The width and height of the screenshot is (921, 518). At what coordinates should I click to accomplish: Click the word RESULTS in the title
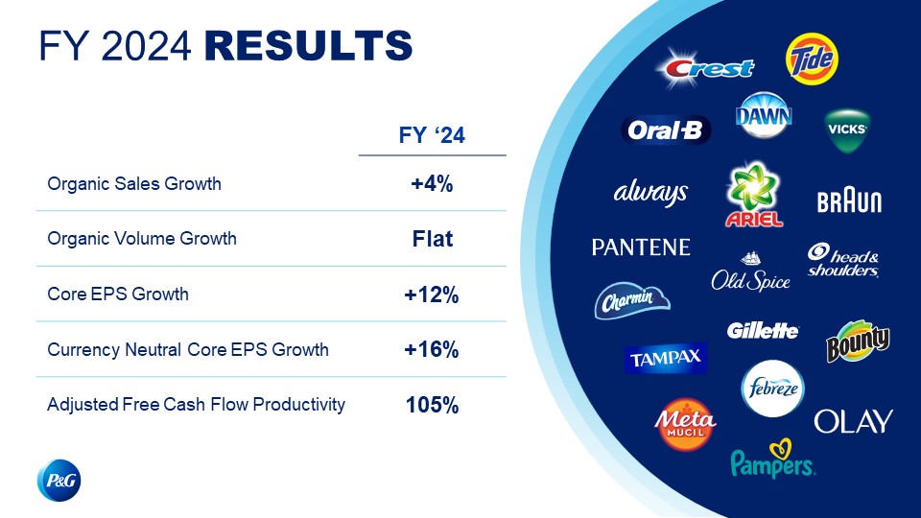click(308, 46)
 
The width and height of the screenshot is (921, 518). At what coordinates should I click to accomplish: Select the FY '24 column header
click(432, 135)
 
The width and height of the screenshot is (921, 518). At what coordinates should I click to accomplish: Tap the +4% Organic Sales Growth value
click(432, 184)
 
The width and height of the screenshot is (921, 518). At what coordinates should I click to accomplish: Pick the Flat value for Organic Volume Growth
click(433, 239)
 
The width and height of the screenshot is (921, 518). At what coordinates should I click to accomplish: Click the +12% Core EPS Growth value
click(432, 294)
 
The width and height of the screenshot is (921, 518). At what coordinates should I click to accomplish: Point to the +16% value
click(432, 349)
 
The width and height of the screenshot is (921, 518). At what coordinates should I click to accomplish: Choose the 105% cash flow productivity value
click(433, 405)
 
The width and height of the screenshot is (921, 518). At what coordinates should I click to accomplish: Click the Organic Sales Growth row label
click(134, 184)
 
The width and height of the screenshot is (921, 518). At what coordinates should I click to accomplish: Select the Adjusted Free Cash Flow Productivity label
click(196, 405)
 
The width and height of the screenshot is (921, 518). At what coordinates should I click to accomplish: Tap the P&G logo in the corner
click(59, 481)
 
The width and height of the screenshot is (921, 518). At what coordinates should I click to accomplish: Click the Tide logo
click(812, 59)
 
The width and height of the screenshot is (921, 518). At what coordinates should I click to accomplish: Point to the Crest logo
click(705, 68)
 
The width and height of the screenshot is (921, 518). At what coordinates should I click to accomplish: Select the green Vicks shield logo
click(846, 130)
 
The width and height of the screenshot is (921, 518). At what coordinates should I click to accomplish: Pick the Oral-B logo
click(666, 129)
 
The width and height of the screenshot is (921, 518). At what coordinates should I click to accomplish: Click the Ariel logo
click(754, 195)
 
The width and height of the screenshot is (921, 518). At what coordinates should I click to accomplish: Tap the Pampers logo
click(772, 459)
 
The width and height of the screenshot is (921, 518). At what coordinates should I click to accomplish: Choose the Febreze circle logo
click(773, 388)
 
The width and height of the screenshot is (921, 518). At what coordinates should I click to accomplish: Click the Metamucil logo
click(685, 425)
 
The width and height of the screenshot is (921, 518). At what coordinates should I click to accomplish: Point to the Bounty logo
click(858, 341)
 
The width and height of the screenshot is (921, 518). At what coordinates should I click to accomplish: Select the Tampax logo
click(666, 358)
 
